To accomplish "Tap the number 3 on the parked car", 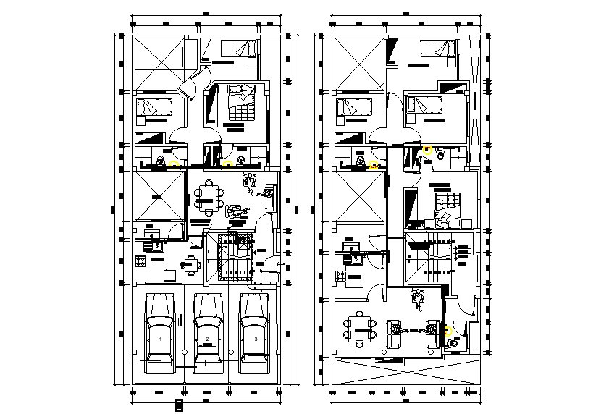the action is tap(255, 338).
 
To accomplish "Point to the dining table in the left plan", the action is tap(209, 198).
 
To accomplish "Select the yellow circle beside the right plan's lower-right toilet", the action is tap(449, 331).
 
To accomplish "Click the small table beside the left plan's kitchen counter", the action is tap(190, 264).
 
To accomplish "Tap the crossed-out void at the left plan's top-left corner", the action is tap(158, 62).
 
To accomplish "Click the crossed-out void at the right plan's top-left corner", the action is tap(357, 64).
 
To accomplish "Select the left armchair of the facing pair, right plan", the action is tap(396, 334).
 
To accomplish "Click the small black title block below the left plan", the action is tap(179, 405).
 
